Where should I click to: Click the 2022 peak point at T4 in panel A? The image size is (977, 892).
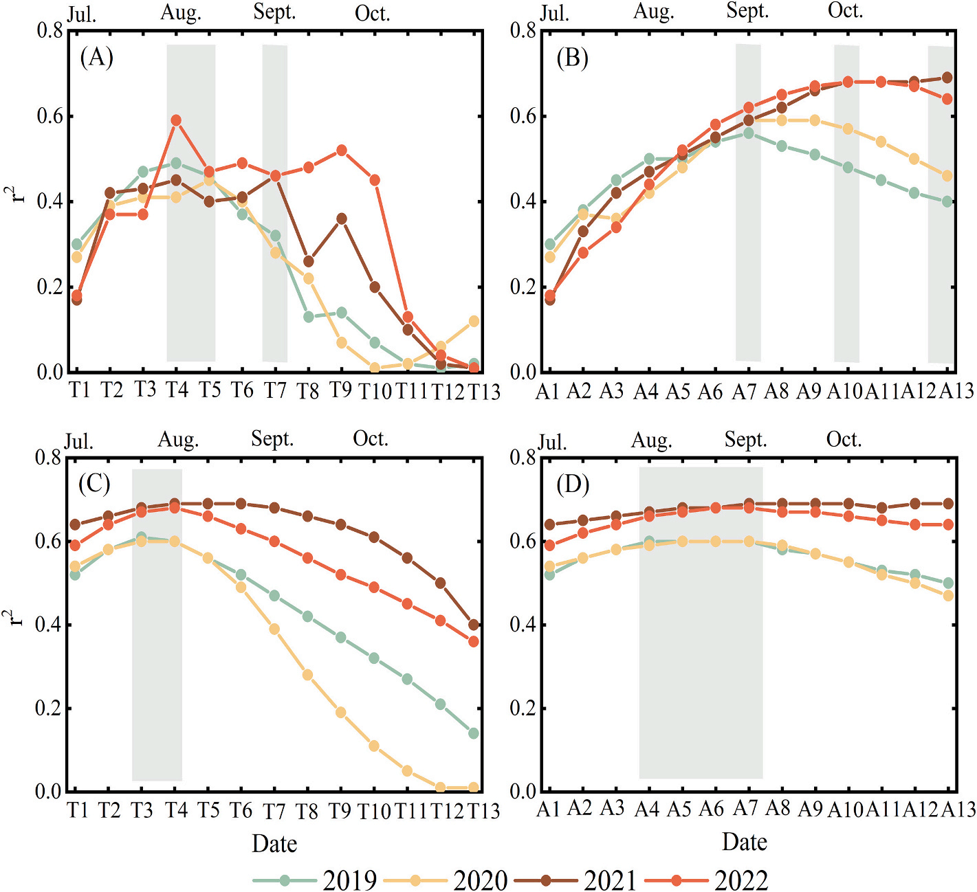(x=176, y=120)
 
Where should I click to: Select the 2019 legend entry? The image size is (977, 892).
(x=316, y=880)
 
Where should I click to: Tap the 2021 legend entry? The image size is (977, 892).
(x=578, y=880)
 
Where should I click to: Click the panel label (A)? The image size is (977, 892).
(x=96, y=57)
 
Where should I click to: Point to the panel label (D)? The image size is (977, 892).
(x=573, y=484)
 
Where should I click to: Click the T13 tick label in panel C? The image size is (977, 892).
(x=483, y=812)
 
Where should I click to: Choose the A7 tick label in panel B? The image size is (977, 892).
(x=744, y=392)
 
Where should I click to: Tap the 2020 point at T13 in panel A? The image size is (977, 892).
(x=474, y=321)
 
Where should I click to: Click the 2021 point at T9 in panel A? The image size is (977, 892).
(x=342, y=219)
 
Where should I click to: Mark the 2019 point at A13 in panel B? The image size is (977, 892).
(x=947, y=201)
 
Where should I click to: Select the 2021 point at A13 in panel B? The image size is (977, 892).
(x=947, y=78)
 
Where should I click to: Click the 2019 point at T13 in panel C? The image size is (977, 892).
(x=474, y=733)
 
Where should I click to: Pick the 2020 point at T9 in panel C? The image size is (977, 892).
(x=342, y=713)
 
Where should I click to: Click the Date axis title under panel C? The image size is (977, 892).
(x=274, y=843)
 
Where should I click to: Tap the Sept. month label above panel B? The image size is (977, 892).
(x=747, y=12)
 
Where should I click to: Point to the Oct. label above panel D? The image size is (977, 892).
(x=844, y=439)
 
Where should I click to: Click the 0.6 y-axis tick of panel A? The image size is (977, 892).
(x=50, y=116)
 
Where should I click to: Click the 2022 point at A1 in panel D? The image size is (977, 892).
(x=549, y=546)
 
